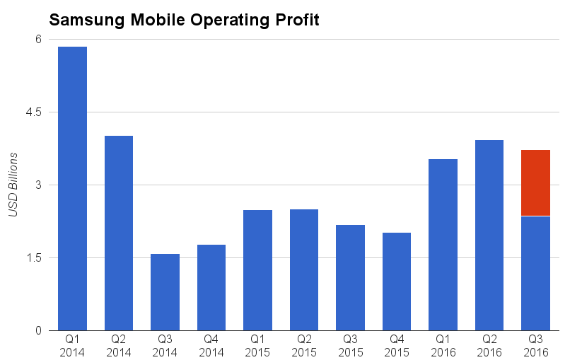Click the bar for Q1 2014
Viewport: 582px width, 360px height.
pyautogui.click(x=72, y=188)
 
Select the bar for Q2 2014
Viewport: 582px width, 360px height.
pyautogui.click(x=119, y=233)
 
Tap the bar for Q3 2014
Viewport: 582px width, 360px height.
pyautogui.click(x=165, y=291)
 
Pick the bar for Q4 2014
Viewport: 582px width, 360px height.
pyautogui.click(x=211, y=287)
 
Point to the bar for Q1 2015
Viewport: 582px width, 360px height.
pyautogui.click(x=257, y=270)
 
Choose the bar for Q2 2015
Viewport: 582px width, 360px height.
pyautogui.click(x=304, y=269)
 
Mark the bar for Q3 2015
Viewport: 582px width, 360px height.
pyautogui.click(x=350, y=277)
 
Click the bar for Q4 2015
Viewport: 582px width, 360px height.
pyautogui.click(x=397, y=281)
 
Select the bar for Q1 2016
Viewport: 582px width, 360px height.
pyautogui.click(x=443, y=245)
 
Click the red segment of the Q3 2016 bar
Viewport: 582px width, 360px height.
pyautogui.click(x=535, y=182)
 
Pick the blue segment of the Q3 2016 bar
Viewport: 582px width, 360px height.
pyautogui.click(x=535, y=273)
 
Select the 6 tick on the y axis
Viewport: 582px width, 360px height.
pyautogui.click(x=40, y=40)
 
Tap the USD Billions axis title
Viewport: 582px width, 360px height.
pyautogui.click(x=13, y=185)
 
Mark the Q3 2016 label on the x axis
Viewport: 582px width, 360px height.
pyautogui.click(x=535, y=344)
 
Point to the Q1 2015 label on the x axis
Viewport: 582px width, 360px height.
pyautogui.click(x=257, y=344)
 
